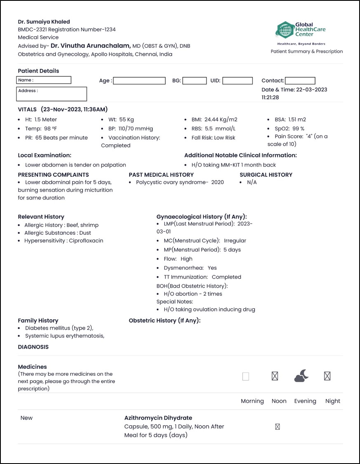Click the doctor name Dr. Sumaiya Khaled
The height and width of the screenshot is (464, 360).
[x=44, y=21]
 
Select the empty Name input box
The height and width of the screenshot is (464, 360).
[x=44, y=80]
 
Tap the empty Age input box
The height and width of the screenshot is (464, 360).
[x=139, y=81]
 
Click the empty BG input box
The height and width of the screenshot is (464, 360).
[x=194, y=81]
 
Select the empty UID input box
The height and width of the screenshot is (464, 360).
[x=237, y=81]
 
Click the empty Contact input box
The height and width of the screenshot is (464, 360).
[x=300, y=81]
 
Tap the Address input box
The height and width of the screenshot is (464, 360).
[x=52, y=94]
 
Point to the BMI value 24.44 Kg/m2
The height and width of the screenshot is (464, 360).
[x=220, y=120]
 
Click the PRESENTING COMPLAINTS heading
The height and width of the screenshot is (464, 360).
[x=53, y=175]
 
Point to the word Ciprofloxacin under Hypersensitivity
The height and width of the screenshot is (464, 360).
[x=86, y=241]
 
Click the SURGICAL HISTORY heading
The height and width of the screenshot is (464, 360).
[x=266, y=175]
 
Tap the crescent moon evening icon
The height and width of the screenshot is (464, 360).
[x=301, y=375]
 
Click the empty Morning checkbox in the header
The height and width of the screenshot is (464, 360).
[x=246, y=376]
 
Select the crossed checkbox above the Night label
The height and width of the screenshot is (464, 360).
[x=327, y=376]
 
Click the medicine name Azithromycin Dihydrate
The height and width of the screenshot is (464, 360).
[x=158, y=418]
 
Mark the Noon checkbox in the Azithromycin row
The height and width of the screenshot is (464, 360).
[x=277, y=427]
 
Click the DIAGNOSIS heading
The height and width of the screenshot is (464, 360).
[x=33, y=347]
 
